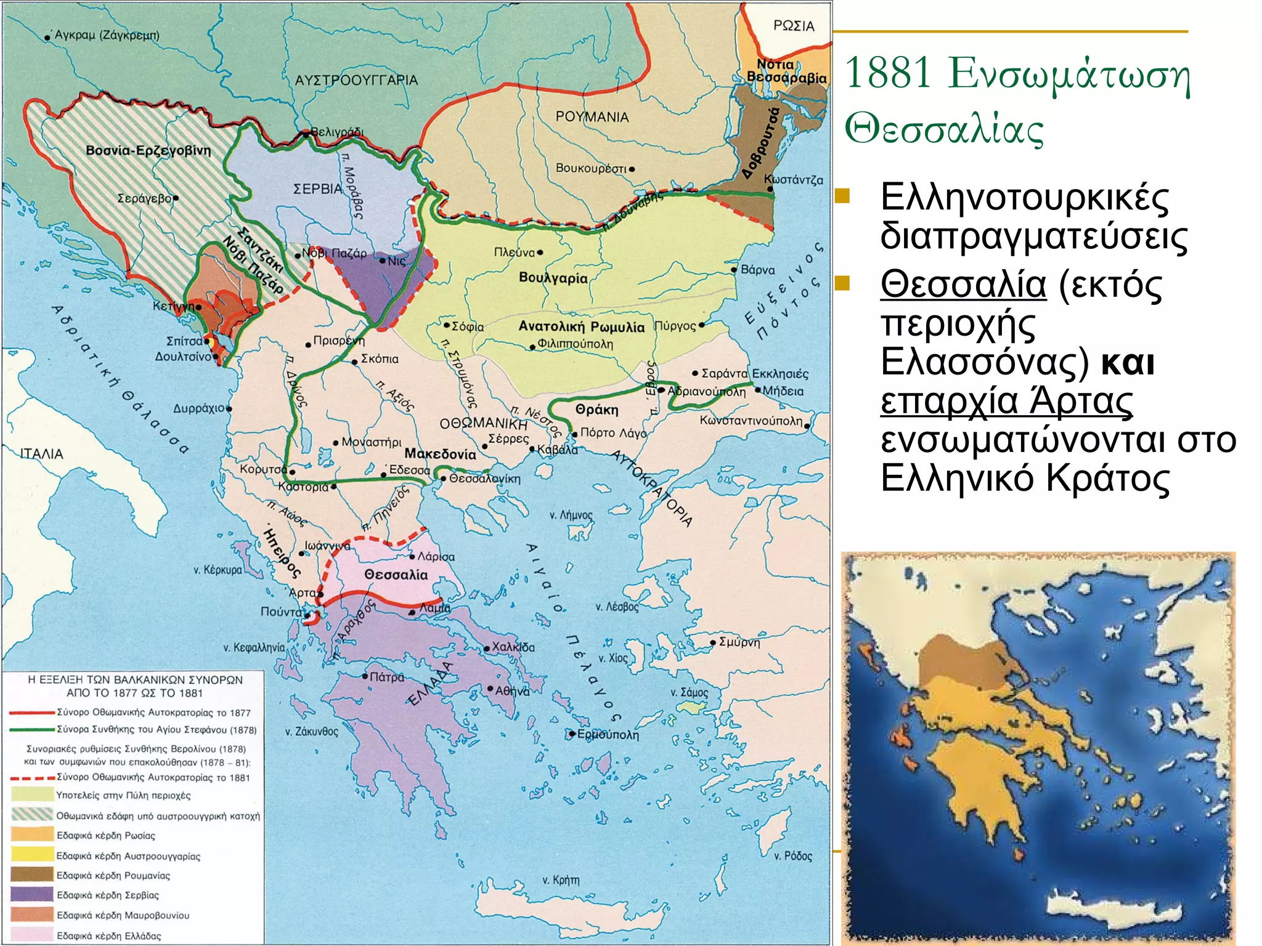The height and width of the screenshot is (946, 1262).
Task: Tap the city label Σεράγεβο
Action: (144, 198)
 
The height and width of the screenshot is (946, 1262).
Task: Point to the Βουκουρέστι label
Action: (591, 168)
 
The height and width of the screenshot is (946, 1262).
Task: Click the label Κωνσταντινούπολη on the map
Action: (751, 421)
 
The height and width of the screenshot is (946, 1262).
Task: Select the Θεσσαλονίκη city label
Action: (484, 479)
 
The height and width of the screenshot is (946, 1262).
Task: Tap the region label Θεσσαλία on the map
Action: (396, 575)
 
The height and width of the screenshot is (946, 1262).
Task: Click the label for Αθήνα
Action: (512, 691)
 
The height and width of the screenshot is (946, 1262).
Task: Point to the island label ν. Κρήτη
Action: (561, 880)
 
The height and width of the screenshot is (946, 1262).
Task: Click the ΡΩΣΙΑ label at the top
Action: (794, 26)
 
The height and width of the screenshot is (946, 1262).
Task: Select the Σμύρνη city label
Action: (739, 642)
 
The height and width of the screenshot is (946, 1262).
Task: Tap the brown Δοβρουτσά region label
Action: (760, 144)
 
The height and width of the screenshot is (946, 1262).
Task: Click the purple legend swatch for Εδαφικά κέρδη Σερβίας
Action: (32, 895)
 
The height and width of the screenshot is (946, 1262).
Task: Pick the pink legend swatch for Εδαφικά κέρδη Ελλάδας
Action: (32, 935)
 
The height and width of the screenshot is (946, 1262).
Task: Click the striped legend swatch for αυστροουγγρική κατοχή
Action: (32, 815)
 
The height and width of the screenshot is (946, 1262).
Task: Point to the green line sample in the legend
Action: (32, 729)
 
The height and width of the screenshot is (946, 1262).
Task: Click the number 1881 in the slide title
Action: (887, 73)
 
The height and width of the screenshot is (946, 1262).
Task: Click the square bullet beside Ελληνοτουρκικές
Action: (843, 196)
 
